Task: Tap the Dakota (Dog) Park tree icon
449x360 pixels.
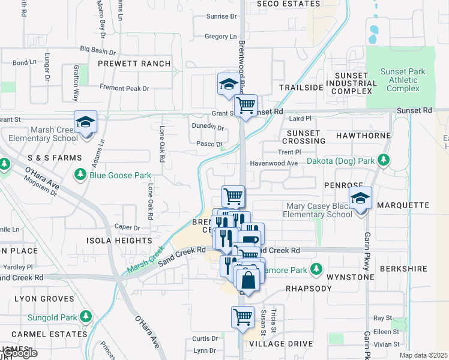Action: pos(384,161)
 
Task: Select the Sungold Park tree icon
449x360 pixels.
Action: pos(85,316)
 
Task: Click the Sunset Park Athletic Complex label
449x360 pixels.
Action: pos(403,80)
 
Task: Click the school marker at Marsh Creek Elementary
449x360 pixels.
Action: pos(86,122)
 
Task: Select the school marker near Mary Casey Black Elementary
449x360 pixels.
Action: pos(360,199)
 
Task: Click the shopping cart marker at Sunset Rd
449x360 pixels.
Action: pos(246,106)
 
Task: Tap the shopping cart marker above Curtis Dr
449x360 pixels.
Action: pos(243,316)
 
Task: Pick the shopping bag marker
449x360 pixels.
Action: pos(248,280)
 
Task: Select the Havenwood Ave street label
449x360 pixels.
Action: pos(274,163)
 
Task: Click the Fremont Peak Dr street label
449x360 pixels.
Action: pos(124,88)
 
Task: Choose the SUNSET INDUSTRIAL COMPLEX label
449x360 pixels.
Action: pos(352,83)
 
